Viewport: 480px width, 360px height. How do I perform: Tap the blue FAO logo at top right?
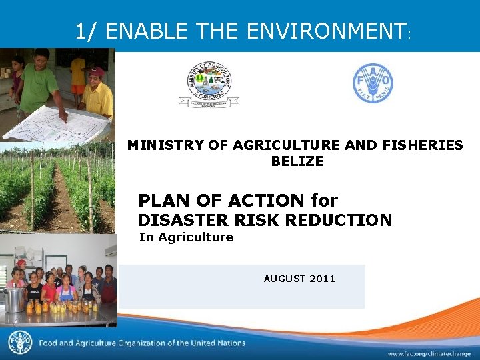click(373, 83)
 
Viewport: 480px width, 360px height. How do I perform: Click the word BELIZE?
click(297, 161)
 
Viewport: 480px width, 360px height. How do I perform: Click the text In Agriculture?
click(186, 237)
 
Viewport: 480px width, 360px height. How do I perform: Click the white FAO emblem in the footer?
click(19, 343)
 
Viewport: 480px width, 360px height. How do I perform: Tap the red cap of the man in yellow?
click(97, 71)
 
